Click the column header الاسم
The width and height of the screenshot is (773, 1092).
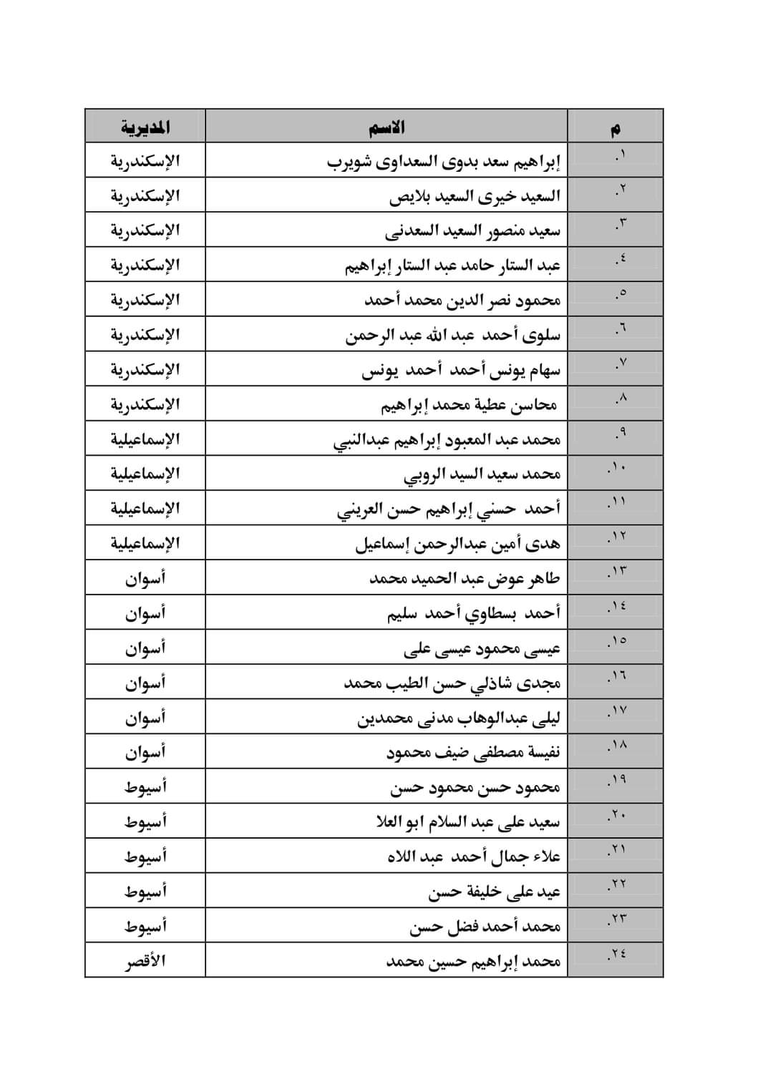pos(386,127)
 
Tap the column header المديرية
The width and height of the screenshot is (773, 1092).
pos(145,127)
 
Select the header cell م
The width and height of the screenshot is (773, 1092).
pos(616,129)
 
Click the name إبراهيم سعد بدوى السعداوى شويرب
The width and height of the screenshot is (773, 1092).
pos(444,162)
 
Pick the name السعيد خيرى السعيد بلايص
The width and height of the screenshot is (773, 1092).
pos(475,196)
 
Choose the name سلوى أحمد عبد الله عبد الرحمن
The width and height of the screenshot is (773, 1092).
pos(453,335)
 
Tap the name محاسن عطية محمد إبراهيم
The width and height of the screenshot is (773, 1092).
pos(469,405)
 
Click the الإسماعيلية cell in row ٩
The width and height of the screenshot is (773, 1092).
pos(145,439)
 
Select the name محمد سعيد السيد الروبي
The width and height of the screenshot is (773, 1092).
pos(482,474)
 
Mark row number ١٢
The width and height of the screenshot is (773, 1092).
pos(617,537)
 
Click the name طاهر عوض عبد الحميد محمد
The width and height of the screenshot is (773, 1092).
pos(465,578)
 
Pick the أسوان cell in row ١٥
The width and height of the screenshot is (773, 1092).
pos(145,648)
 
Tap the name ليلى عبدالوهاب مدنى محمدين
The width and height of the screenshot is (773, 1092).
pos(459,718)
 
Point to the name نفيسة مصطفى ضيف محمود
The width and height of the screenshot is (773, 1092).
pos(473,753)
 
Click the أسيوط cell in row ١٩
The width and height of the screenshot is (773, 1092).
pos(145,787)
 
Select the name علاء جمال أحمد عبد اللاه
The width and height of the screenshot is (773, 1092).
pos(474,857)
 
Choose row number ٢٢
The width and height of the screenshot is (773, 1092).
pos(617,885)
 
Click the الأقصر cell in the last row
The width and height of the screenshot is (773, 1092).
pos(145,961)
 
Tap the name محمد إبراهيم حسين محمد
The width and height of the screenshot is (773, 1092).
pos(473,961)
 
